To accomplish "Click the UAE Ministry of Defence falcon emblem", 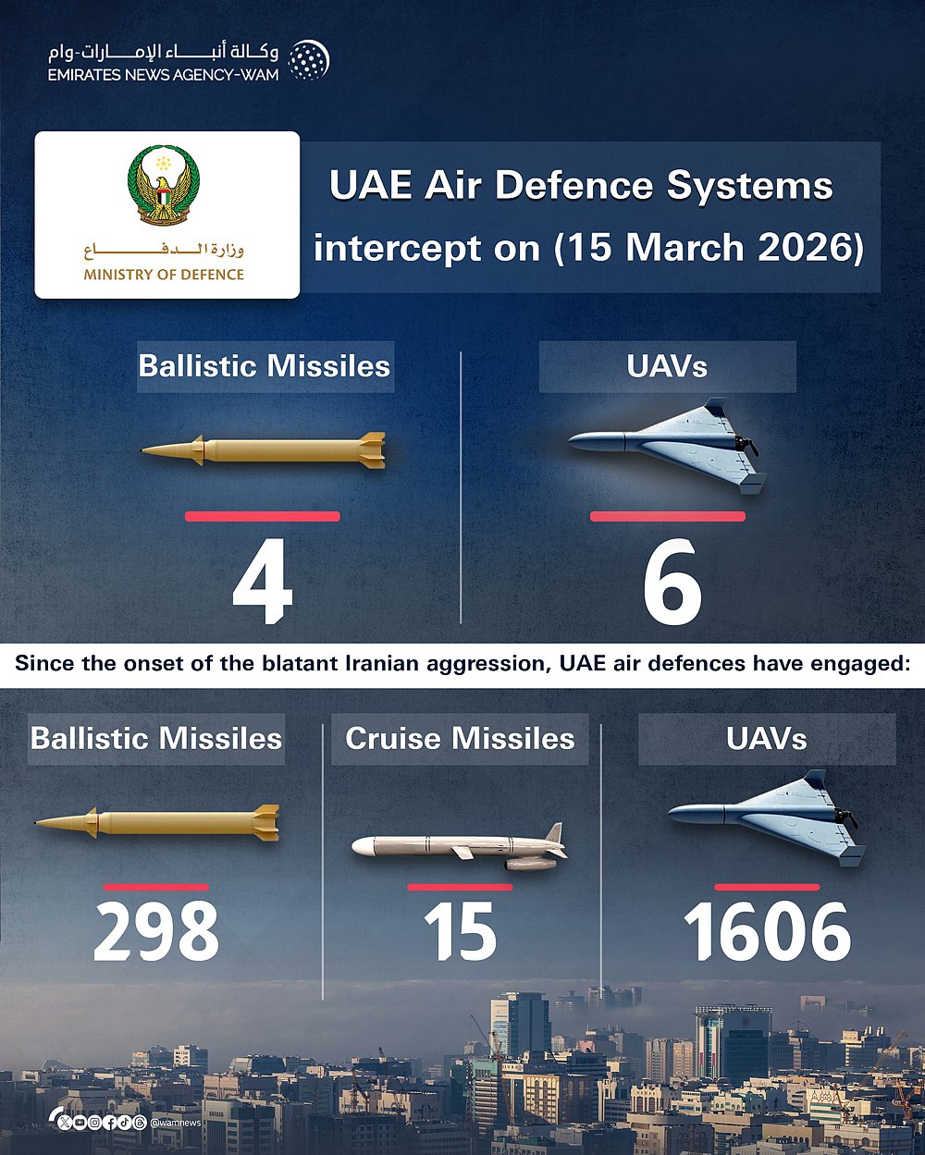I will [x=164, y=184].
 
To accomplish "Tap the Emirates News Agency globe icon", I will [x=308, y=61].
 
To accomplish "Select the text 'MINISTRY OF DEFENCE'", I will [x=164, y=275].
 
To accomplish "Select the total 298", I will [x=156, y=932].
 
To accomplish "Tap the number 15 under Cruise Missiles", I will [x=460, y=932].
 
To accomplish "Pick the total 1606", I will [x=767, y=932].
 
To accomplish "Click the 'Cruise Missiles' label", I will [x=460, y=739].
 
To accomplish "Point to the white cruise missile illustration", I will [x=460, y=847].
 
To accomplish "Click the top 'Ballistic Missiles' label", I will [x=265, y=366].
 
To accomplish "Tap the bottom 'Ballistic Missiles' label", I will [x=156, y=739].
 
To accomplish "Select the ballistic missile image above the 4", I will [x=264, y=449].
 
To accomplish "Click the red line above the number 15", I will [x=460, y=887].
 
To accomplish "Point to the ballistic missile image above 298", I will [x=157, y=822].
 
